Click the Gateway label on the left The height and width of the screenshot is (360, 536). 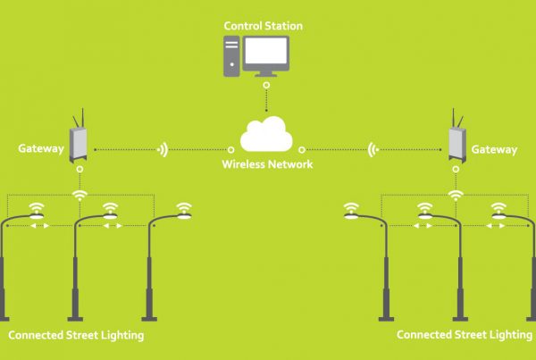[39, 149]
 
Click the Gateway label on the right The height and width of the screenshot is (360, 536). [495, 149]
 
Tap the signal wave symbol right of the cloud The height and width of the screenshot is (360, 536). [372, 149]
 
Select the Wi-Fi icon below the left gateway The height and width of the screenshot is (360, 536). [79, 193]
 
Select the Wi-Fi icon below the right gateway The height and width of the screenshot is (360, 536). [456, 193]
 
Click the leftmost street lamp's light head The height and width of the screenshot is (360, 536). [37, 215]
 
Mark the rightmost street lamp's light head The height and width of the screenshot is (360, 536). [499, 215]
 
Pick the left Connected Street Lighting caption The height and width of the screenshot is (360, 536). [76, 336]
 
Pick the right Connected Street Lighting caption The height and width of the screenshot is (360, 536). [464, 336]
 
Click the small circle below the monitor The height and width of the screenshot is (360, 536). [266, 87]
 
